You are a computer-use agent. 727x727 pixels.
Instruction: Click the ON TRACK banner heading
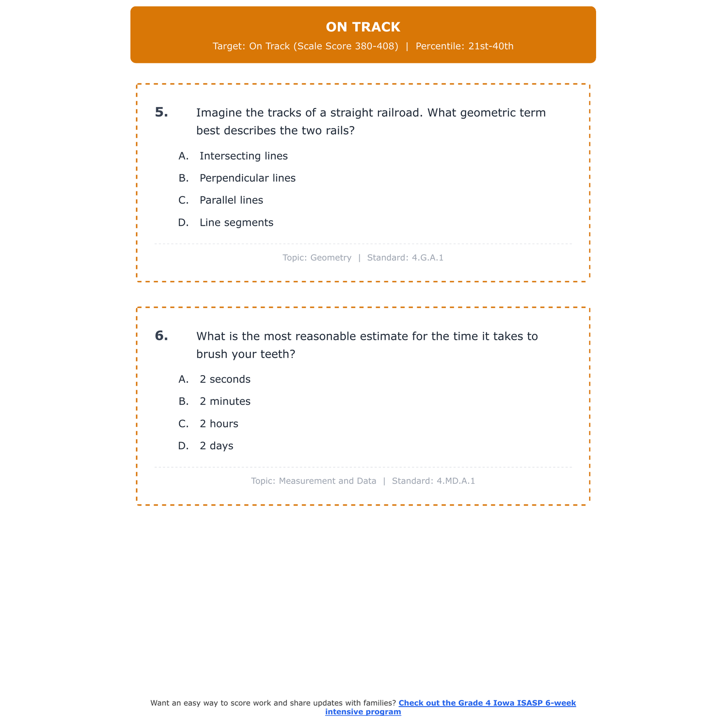[x=363, y=27]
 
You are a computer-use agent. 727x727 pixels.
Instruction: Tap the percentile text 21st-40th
[x=490, y=47]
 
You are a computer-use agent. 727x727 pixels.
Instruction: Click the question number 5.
[x=161, y=112]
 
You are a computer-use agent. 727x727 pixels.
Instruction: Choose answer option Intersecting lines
[x=243, y=156]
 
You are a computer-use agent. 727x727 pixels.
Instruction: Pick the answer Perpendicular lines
[x=247, y=178]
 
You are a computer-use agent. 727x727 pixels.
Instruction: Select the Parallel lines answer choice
[x=231, y=201]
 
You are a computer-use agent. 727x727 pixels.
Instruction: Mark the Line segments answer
[x=237, y=223]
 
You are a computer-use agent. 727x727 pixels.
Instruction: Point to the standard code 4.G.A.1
[x=427, y=258]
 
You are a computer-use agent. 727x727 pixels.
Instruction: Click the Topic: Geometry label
[x=317, y=258]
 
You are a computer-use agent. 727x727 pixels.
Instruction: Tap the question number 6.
[x=161, y=336]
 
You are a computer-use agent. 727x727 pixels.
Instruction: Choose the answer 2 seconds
[x=225, y=379]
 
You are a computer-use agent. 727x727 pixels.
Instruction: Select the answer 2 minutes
[x=225, y=402]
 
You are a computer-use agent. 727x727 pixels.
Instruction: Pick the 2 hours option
[x=219, y=424]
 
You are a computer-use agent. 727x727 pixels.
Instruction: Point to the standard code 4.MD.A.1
[x=456, y=481]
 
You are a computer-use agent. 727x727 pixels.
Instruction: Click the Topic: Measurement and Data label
[x=314, y=481]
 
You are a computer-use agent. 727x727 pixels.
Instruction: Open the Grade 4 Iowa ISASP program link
[x=487, y=703]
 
